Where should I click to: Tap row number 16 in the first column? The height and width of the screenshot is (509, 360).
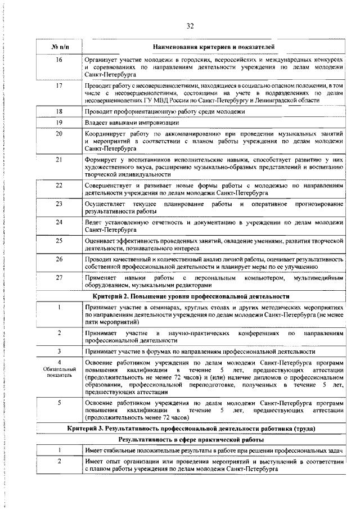59,59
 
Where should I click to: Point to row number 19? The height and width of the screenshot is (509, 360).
59,123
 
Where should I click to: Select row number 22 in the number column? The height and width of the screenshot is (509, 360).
59,184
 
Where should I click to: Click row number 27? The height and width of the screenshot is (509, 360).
59,278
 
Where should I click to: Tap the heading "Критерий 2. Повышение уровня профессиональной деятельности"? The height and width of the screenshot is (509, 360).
190,295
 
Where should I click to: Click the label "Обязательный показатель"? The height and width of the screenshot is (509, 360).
59,372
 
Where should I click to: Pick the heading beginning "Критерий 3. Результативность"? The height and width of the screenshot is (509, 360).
190,429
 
